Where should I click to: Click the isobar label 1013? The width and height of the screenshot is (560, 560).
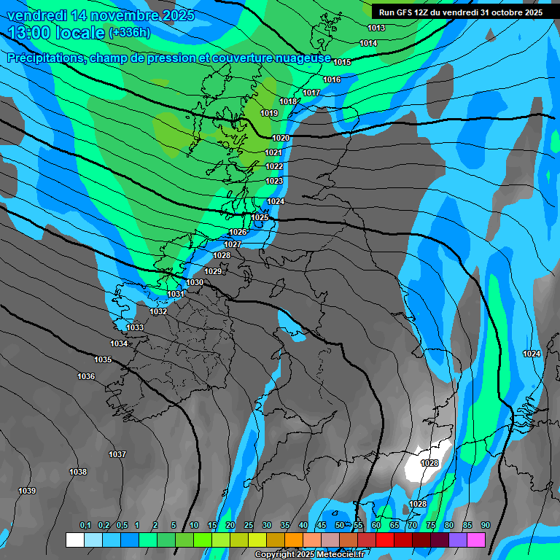pyautogui.click(x=376, y=28)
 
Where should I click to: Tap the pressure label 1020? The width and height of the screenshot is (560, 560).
pyautogui.click(x=281, y=138)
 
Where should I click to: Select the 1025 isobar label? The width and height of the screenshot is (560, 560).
pyautogui.click(x=260, y=217)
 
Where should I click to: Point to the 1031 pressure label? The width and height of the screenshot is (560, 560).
pyautogui.click(x=176, y=294)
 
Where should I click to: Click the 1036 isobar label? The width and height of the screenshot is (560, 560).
pyautogui.click(x=86, y=376)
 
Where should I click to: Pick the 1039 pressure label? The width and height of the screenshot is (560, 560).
pyautogui.click(x=27, y=491)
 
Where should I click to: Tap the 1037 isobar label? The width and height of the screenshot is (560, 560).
pyautogui.click(x=117, y=454)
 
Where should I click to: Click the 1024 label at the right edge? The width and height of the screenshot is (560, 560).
pyautogui.click(x=532, y=354)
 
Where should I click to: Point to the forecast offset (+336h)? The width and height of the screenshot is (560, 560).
pyautogui.click(x=129, y=33)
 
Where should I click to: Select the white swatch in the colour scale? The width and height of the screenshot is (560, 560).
pyautogui.click(x=74, y=540)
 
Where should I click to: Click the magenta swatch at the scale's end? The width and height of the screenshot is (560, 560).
pyautogui.click(x=476, y=540)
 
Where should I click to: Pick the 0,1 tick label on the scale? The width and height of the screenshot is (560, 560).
pyautogui.click(x=85, y=526)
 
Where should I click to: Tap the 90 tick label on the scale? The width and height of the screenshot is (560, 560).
pyautogui.click(x=485, y=526)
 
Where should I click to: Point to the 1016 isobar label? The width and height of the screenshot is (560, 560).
pyautogui.click(x=332, y=79)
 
